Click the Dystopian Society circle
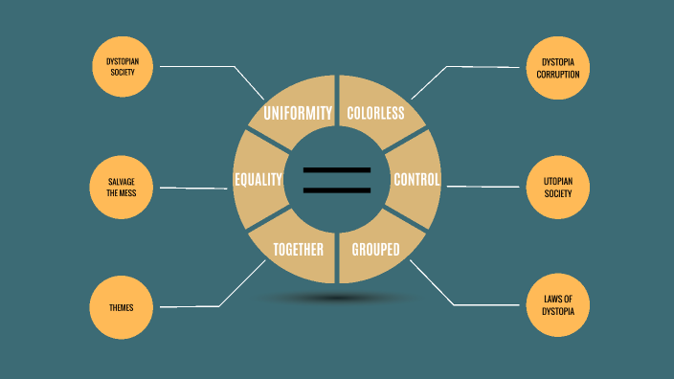(122, 67)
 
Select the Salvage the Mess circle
(122, 187)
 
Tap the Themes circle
(122, 307)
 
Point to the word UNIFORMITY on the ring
(299, 113)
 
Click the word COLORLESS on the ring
(375, 113)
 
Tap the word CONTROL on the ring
(416, 180)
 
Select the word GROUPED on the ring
(375, 251)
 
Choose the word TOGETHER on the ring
(299, 251)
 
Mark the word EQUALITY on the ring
(258, 180)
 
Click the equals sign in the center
(337, 180)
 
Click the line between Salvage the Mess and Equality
(196, 188)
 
